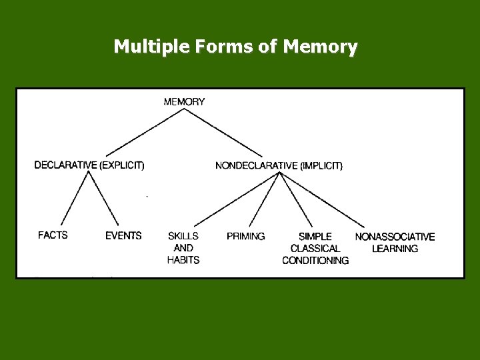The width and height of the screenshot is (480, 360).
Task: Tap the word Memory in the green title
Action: [x=320, y=47]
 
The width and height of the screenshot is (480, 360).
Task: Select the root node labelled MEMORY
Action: [x=184, y=102]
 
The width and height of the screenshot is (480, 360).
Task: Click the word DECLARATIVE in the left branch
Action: [x=65, y=165]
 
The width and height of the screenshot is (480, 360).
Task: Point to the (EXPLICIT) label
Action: [x=121, y=165]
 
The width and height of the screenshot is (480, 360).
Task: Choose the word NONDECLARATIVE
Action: [x=256, y=165]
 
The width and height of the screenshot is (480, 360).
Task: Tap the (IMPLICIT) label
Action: [x=321, y=165]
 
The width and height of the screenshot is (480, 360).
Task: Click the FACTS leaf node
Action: [x=53, y=235]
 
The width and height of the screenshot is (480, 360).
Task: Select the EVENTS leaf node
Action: [x=123, y=235]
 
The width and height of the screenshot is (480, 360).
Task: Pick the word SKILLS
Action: [x=183, y=236]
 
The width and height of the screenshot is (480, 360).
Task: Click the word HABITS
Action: [x=183, y=260]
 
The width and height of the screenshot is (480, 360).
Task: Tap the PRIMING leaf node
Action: [x=245, y=236]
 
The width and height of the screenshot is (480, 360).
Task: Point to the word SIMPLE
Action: [x=315, y=237]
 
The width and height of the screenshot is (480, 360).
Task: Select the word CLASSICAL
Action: [x=315, y=249]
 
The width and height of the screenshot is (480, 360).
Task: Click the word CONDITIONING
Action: [x=315, y=261]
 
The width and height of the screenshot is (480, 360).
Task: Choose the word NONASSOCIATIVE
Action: [x=395, y=237]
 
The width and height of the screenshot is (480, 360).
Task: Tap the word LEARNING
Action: [x=395, y=249]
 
